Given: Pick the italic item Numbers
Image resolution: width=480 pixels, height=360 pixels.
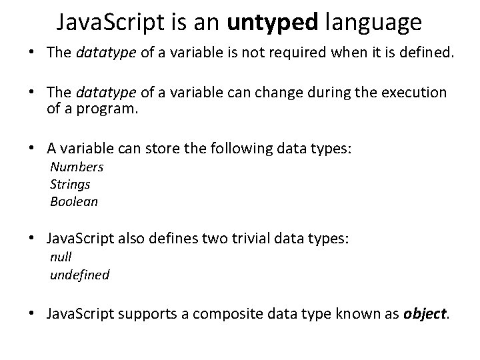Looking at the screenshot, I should [77, 167].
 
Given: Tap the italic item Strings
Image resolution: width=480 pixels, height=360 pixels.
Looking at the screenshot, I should [70, 184].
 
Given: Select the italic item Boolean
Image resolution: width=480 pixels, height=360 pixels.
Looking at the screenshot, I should [74, 201].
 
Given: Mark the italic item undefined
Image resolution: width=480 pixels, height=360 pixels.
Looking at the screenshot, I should [80, 274].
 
